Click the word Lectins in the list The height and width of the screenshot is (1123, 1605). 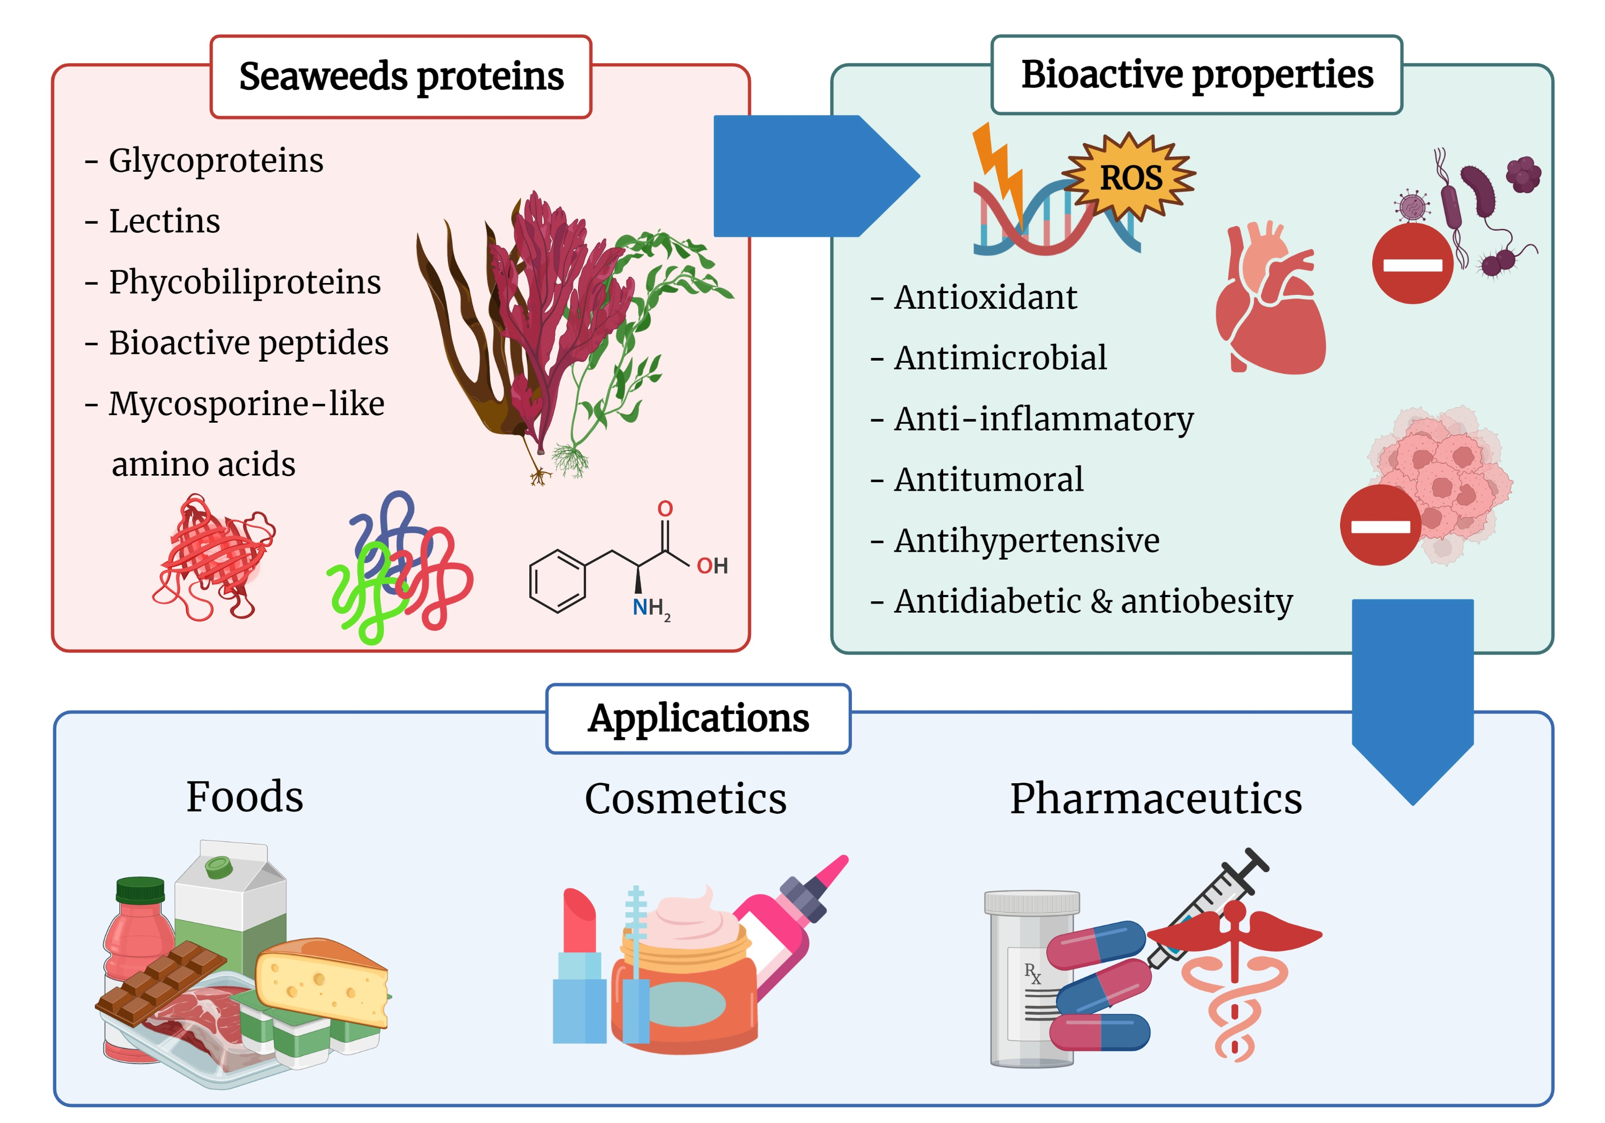coord(164,221)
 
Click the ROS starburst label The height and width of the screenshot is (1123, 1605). coord(1130,178)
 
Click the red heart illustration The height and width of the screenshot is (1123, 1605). coord(1269,304)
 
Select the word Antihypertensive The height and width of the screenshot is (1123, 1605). coord(1025,540)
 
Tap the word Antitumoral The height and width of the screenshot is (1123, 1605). coord(988,479)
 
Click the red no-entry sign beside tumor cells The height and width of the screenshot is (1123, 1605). coord(1379,525)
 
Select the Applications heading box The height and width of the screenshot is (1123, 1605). coord(698,719)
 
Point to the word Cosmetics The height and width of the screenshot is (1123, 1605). coord(685,798)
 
